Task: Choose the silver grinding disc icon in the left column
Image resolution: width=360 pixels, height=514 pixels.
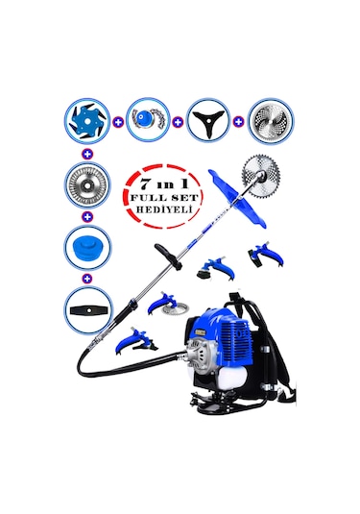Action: click(x=88, y=184)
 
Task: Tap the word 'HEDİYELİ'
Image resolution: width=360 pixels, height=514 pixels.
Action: click(x=155, y=208)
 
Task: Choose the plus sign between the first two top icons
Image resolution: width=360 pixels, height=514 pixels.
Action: click(x=118, y=123)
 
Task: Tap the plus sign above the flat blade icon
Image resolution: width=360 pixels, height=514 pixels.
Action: click(x=88, y=277)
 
